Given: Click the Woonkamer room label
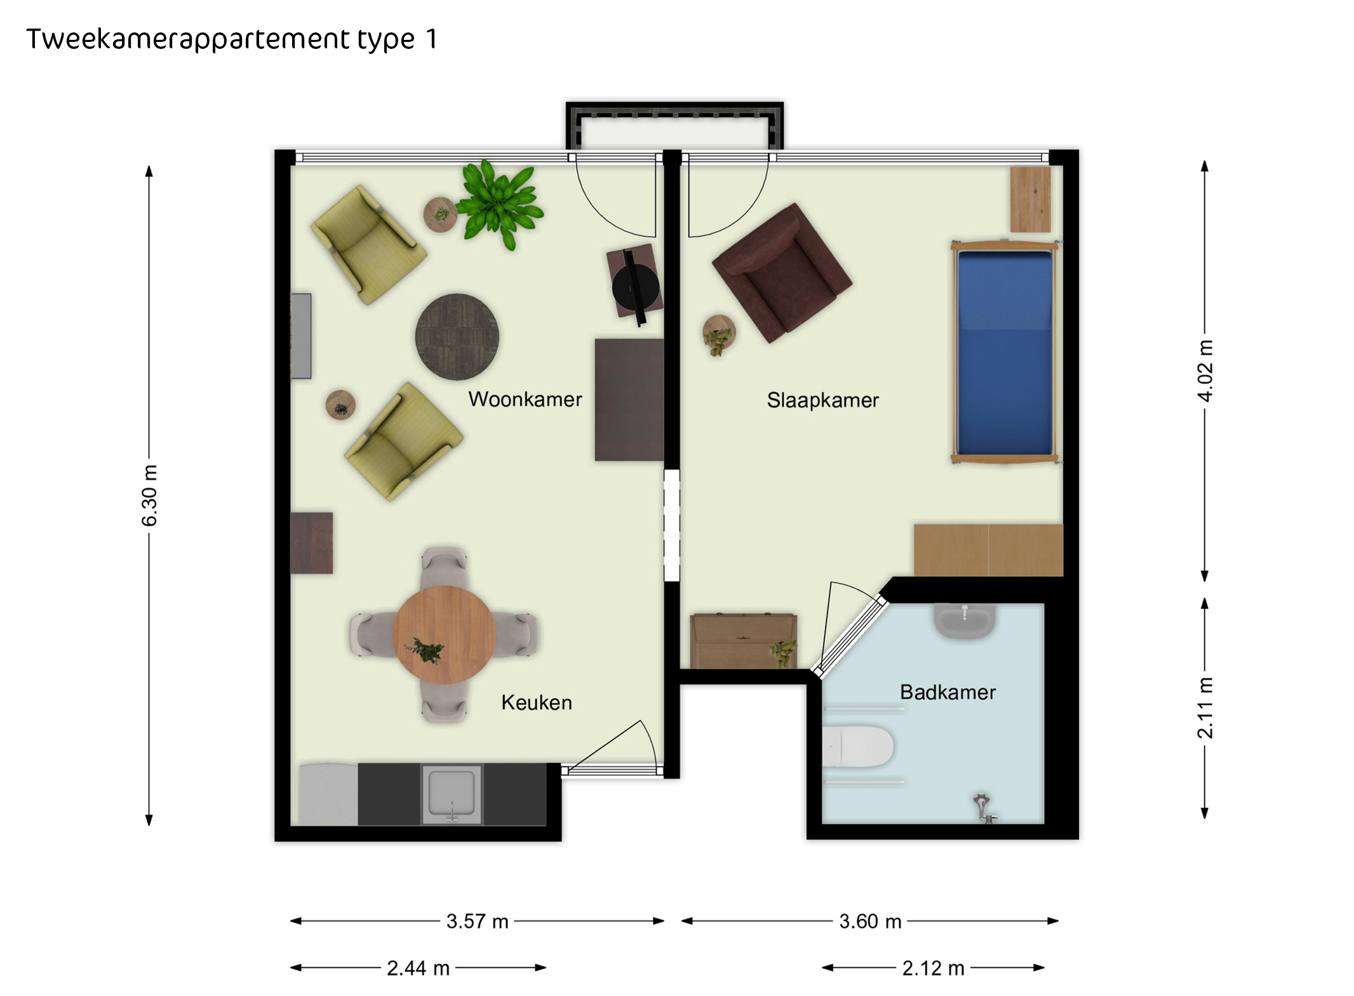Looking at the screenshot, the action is (x=525, y=400).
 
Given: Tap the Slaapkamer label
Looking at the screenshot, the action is (x=822, y=400).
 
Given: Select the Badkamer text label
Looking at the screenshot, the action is (x=948, y=692).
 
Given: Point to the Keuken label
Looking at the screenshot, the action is (x=537, y=703).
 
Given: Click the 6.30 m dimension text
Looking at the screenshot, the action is (x=149, y=495).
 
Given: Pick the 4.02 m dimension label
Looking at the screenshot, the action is (x=1205, y=370).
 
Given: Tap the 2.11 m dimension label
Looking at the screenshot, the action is (x=1205, y=708).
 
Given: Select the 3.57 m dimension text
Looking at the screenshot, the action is (x=478, y=921).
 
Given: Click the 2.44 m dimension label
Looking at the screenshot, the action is (x=418, y=968).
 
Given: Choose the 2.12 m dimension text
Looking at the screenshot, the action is (x=934, y=968).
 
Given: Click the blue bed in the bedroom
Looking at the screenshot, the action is (x=1005, y=353).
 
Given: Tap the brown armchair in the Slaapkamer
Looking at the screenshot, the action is (x=782, y=273).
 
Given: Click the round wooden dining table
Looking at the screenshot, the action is (x=445, y=635).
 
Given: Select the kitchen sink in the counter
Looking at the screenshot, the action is (x=452, y=793).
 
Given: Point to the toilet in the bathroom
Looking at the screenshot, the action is (x=857, y=746).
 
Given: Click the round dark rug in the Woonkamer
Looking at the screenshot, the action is (x=457, y=337).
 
